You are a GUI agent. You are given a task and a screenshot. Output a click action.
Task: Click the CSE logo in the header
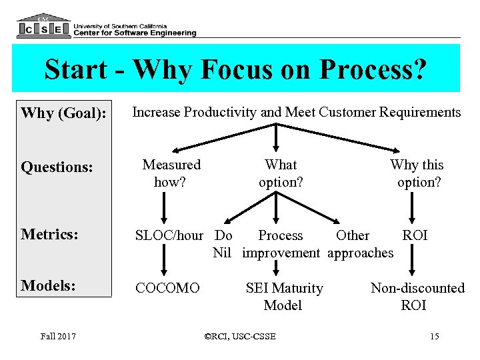click(43, 26)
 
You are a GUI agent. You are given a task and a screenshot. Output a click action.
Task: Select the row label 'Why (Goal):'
click(63, 113)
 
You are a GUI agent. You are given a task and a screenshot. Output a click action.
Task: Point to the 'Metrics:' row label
click(49, 235)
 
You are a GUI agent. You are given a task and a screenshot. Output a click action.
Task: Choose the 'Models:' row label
click(48, 285)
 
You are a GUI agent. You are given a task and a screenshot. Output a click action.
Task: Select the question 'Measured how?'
click(171, 173)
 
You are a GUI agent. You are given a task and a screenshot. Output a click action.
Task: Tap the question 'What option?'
click(281, 173)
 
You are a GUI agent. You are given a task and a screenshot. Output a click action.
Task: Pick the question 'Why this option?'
click(417, 173)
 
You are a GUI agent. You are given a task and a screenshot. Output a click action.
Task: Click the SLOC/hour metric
click(169, 235)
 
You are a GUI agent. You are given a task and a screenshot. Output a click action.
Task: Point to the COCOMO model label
click(167, 288)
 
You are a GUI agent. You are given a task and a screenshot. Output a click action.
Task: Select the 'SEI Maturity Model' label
click(284, 297)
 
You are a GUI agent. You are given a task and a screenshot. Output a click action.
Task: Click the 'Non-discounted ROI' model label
click(417, 297)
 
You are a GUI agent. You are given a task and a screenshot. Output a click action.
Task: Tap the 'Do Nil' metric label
click(223, 244)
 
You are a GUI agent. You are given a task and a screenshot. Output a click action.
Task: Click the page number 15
click(435, 336)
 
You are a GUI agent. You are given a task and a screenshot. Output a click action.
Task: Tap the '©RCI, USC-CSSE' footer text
click(241, 336)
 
